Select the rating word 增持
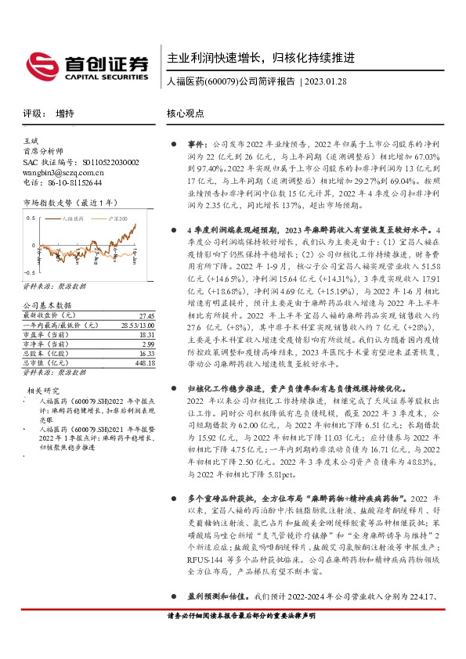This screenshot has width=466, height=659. [66, 113]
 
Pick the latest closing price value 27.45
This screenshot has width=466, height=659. [146, 315]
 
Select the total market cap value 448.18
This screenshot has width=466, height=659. [145, 362]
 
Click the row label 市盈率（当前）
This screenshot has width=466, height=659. [45, 334]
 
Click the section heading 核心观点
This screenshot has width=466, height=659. [185, 113]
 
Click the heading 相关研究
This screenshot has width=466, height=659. [44, 390]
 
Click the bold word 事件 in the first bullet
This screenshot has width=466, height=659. [196, 145]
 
